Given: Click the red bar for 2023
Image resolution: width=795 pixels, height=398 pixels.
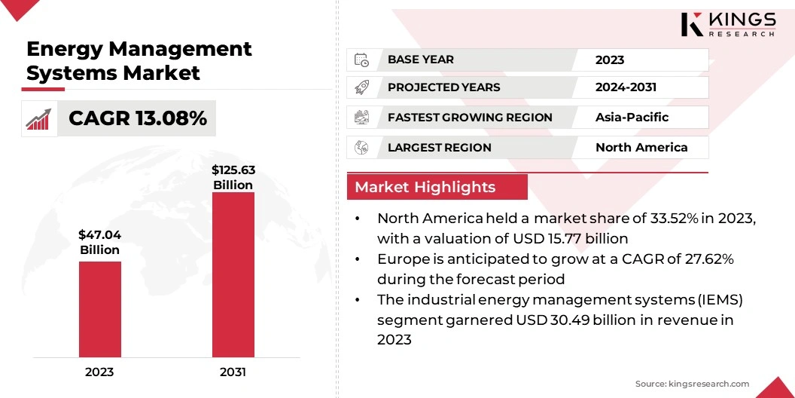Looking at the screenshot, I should tap(99, 309).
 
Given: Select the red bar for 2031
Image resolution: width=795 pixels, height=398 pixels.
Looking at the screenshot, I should tap(233, 274).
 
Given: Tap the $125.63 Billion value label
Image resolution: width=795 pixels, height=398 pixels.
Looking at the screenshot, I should tap(233, 177).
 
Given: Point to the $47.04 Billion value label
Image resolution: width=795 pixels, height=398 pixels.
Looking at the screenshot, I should tap(99, 242).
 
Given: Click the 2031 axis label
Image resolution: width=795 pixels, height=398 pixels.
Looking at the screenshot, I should tap(233, 372).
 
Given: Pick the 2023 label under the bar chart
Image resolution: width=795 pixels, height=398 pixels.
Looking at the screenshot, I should tap(99, 372).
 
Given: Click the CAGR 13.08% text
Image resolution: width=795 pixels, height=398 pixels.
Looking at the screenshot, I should tap(138, 118).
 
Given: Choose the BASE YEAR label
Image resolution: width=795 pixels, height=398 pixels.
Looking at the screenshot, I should tap(421, 60).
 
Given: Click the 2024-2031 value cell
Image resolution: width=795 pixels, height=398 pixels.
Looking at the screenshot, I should tap(626, 87).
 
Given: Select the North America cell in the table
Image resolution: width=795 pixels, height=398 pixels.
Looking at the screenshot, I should tap(641, 147).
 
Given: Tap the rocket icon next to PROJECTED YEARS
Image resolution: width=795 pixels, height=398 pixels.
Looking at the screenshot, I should tap(362, 87).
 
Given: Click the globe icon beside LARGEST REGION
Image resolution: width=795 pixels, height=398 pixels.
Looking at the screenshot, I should tap(362, 147).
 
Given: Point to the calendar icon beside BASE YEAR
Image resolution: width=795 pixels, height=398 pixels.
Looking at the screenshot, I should tap(362, 60).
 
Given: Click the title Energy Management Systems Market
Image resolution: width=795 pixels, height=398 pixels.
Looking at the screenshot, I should tap(139, 60).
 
